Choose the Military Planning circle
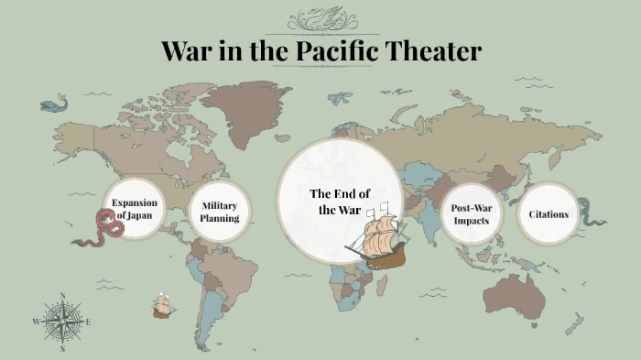tap(220, 213)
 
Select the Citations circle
tap(549, 214)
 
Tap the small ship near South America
tap(164, 305)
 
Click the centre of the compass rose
tap(62, 322)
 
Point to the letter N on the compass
tap(62, 295)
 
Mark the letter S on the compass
tap(62, 349)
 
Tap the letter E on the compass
tap(89, 322)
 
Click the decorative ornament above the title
tap(320, 20)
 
